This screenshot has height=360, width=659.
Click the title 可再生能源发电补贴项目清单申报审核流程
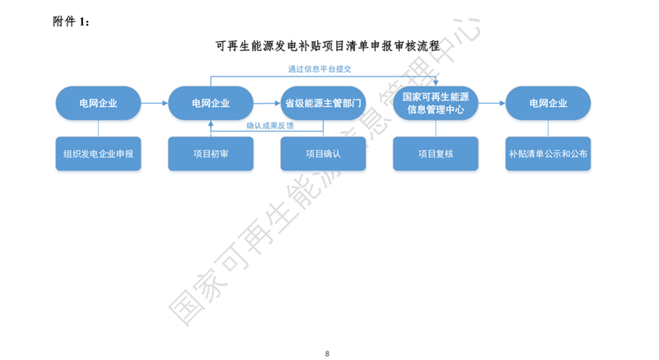(x=327, y=46)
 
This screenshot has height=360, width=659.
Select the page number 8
(x=328, y=353)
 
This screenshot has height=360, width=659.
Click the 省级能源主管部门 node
(x=323, y=103)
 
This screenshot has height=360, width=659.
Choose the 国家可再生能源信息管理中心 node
(x=435, y=103)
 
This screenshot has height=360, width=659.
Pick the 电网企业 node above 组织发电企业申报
(x=98, y=103)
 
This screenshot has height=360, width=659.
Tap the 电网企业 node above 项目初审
(x=210, y=103)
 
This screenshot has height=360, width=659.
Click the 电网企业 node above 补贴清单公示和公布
(x=547, y=103)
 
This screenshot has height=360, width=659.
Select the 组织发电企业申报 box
(x=98, y=153)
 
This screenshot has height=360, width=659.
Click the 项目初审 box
(x=210, y=153)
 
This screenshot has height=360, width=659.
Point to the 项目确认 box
(x=323, y=153)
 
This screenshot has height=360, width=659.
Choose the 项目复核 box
(x=435, y=153)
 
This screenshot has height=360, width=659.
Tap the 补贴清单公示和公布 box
(x=547, y=153)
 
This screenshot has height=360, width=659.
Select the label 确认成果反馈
(x=270, y=126)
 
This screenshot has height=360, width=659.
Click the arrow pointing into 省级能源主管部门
(x=266, y=103)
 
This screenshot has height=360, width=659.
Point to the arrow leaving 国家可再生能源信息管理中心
(x=491, y=103)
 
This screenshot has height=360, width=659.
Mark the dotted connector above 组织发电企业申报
(x=98, y=128)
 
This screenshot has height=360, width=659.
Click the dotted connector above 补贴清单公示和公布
(x=547, y=128)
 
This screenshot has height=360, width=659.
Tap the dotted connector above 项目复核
(x=435, y=128)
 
